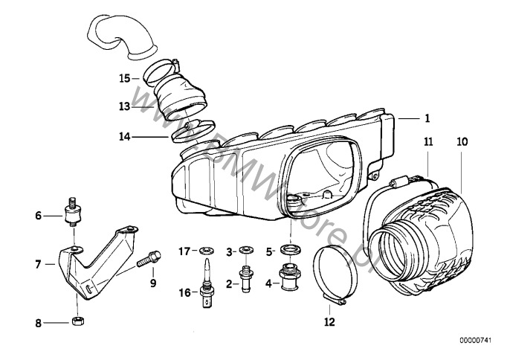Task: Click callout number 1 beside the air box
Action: pos(427,118)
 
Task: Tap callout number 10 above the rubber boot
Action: pos(462,141)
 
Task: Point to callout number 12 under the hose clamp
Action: pos(329,322)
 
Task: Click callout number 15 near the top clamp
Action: pos(125,77)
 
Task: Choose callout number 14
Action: pos(125,137)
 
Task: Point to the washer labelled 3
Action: pos(244,250)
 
